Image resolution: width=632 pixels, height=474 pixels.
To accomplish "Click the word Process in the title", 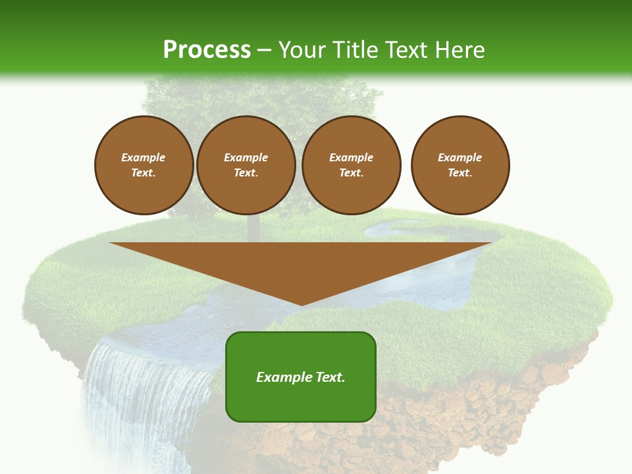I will click(x=207, y=50).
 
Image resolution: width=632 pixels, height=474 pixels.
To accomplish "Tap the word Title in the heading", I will click(x=354, y=50).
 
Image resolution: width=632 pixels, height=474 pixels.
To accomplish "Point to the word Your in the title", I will click(x=303, y=50).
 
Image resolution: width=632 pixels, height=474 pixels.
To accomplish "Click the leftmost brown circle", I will click(x=144, y=165).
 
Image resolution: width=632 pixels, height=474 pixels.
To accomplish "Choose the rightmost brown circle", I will click(x=460, y=165).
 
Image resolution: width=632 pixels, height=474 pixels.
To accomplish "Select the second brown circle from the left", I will click(x=246, y=165).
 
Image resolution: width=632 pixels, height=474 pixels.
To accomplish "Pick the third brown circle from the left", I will click(x=352, y=165).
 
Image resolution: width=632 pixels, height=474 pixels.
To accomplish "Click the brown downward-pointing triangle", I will click(x=301, y=263).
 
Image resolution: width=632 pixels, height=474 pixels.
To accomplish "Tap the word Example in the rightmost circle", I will click(x=460, y=157).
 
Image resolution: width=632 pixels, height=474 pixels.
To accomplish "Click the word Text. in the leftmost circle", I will click(x=144, y=173).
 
